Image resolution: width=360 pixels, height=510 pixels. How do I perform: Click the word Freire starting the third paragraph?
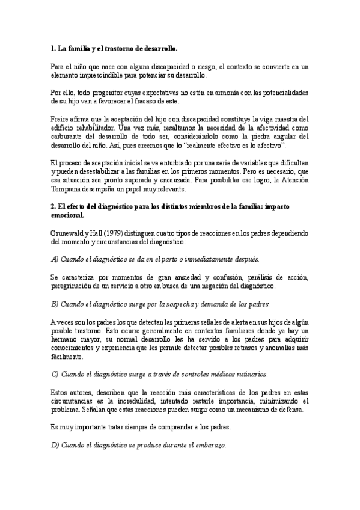point(58,118)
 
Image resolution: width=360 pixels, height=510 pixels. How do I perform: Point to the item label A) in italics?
point(55,259)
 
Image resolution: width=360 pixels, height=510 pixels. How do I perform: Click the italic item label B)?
point(55,304)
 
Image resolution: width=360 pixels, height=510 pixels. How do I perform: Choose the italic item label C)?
point(55,374)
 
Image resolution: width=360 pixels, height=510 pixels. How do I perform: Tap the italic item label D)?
point(55,446)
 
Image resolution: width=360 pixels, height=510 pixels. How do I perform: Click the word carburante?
point(67,136)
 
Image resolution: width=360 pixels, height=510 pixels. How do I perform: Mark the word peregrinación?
point(73,286)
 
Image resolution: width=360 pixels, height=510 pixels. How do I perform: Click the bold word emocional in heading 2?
point(67,215)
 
